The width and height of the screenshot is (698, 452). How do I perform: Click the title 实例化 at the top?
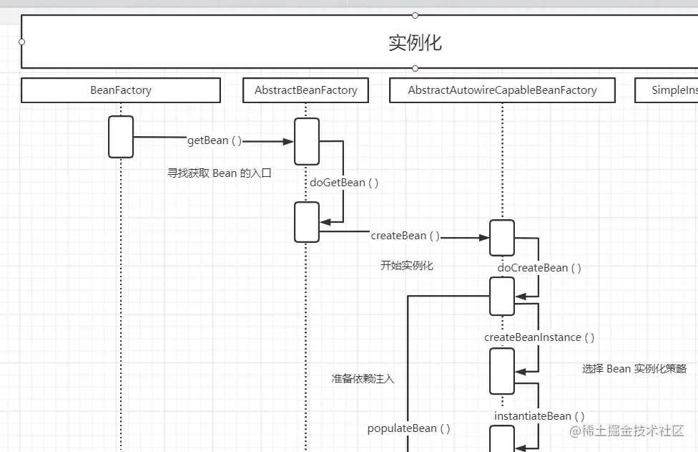coord(415,42)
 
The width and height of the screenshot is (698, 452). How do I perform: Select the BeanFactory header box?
coord(120,90)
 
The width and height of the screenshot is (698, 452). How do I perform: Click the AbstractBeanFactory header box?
coord(305,90)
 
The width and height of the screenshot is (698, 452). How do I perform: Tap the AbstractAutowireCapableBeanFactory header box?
coord(502,90)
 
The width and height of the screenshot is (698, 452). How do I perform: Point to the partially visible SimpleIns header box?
coord(666,90)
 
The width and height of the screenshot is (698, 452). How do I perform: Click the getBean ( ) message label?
coord(214,140)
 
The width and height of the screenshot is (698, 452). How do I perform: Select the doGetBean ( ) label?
coord(344,183)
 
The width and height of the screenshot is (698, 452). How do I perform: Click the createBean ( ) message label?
coord(405,236)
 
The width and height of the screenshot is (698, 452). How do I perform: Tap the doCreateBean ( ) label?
coord(539,268)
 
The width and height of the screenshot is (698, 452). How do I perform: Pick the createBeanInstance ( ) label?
coord(539,337)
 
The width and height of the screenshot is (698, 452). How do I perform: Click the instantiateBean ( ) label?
coord(539,416)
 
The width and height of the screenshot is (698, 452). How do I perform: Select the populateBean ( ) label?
coord(409,428)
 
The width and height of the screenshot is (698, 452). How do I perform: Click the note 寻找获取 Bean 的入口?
coord(220,173)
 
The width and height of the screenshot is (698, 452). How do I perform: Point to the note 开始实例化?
coord(407,266)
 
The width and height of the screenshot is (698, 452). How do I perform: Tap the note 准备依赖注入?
coord(363,378)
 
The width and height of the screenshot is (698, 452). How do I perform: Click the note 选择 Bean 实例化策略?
coord(634,369)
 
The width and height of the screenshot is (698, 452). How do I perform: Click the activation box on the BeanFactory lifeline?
coord(121,137)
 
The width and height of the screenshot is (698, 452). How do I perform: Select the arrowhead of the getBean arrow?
coord(288,142)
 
